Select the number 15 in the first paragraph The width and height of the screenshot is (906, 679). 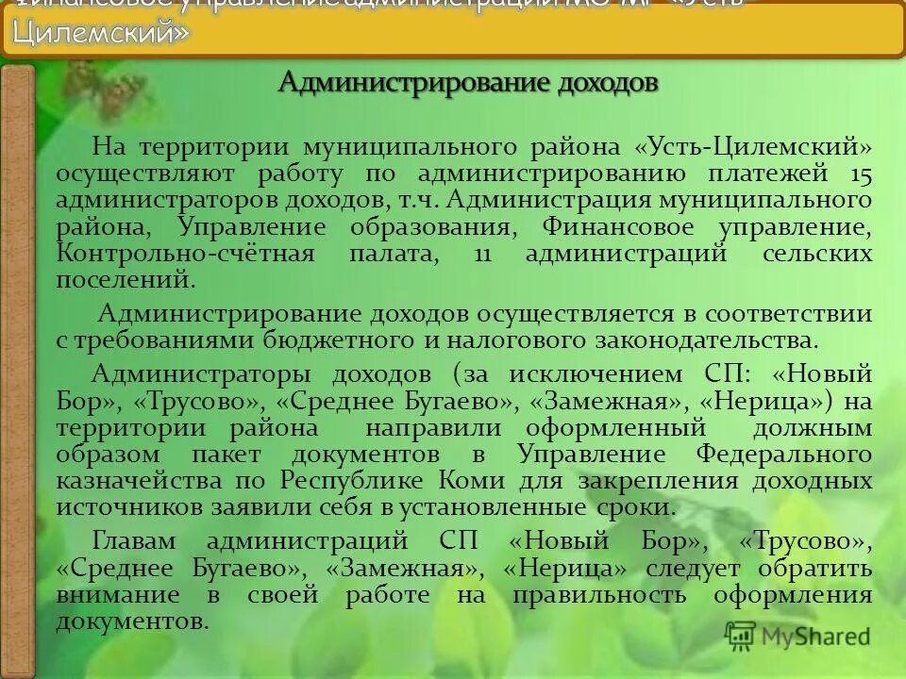[860, 174]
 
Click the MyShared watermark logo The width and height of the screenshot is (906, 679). [797, 636]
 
